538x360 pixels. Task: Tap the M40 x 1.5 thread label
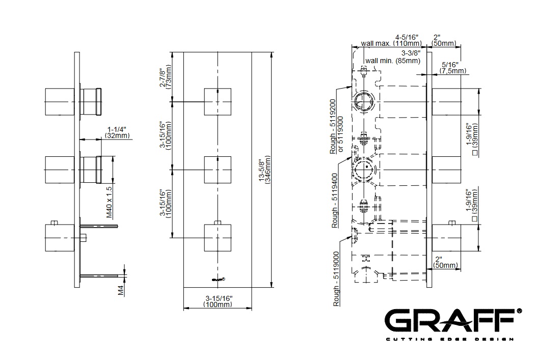110,202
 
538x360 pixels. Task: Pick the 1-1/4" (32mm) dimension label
117,133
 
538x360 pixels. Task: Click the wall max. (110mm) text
391,44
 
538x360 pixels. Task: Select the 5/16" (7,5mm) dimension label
453,68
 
